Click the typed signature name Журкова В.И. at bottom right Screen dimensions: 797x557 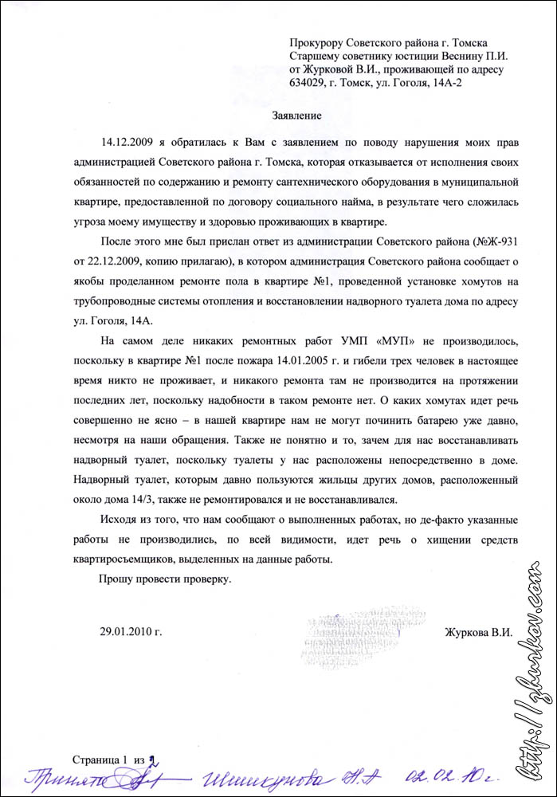click(x=478, y=633)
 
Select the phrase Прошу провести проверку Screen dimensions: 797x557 click(x=165, y=579)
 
